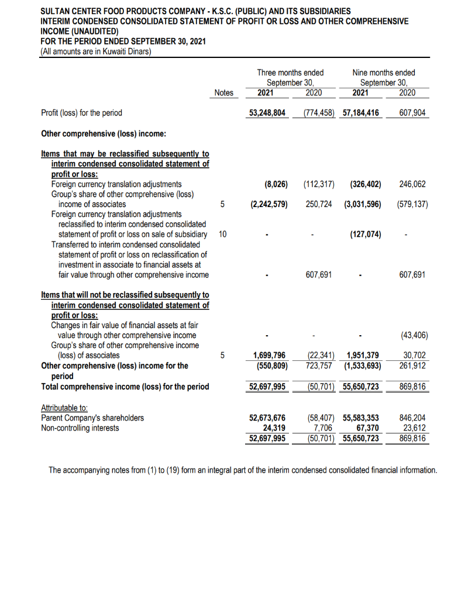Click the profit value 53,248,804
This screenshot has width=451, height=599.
[x=267, y=112]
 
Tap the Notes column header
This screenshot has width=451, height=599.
[x=223, y=92]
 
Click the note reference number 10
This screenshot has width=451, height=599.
[x=222, y=235]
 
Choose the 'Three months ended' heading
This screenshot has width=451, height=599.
[x=290, y=73]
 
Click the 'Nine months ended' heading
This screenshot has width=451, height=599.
[x=384, y=73]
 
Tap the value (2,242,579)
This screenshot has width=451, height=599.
[x=268, y=204]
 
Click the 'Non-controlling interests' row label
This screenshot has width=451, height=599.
[x=80, y=428]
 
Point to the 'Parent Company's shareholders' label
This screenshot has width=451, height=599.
[x=92, y=418]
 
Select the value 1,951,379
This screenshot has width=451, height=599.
[x=363, y=355]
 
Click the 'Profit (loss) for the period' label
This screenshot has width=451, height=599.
[x=82, y=112]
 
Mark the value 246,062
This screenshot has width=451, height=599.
[x=412, y=184]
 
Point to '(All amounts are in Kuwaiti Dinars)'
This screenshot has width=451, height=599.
[x=96, y=51]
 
